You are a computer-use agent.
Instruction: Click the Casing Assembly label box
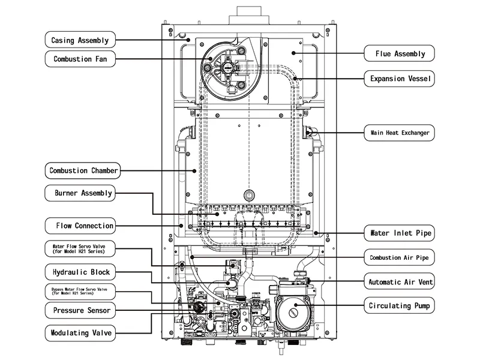tap(80, 40)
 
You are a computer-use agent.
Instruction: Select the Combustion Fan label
tap(80, 59)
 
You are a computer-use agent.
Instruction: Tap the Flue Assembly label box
tap(399, 53)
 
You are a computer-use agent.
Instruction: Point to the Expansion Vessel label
tap(399, 79)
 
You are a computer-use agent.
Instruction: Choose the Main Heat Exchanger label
tap(399, 133)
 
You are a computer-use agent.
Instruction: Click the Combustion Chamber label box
tap(83, 170)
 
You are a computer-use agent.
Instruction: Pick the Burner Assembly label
tap(80, 193)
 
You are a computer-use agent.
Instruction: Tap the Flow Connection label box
tap(80, 226)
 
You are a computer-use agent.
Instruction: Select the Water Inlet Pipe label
tap(399, 233)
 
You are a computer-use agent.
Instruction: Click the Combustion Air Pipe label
tap(399, 257)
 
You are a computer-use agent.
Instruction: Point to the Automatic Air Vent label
tap(399, 281)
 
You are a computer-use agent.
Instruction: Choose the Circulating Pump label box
tap(399, 305)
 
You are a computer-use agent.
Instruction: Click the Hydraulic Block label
tap(80, 272)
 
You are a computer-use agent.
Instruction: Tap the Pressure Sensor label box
tap(80, 310)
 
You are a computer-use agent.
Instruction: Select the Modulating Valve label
tap(80, 333)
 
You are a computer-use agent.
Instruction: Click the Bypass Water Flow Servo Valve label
tap(80, 291)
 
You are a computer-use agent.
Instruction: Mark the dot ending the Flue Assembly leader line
tap(293, 53)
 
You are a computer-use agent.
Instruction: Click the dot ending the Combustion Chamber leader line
tap(194, 171)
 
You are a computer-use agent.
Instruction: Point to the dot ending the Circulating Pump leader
tap(296, 305)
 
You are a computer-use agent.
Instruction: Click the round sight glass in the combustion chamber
tap(249, 195)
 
